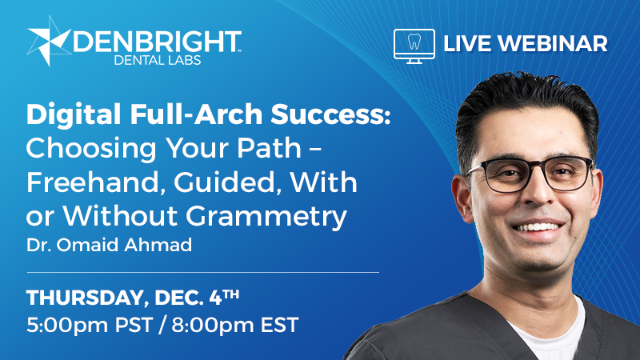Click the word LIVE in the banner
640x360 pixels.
(x=466, y=43)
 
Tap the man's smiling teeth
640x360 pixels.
(x=534, y=229)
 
